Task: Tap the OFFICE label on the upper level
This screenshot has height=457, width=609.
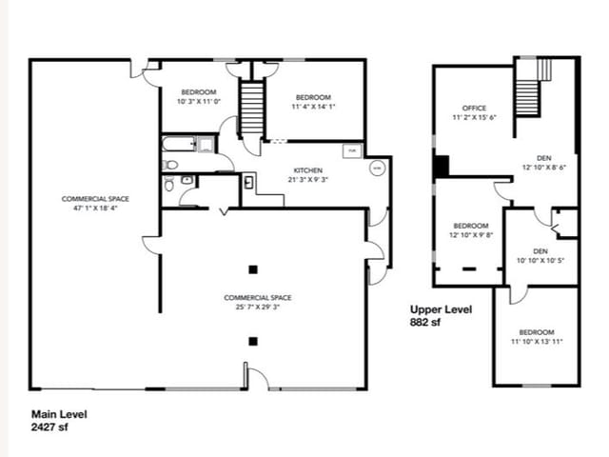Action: coord(474,108)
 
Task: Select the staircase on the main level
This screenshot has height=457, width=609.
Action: coord(250,109)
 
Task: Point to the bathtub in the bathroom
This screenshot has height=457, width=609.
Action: coord(178,146)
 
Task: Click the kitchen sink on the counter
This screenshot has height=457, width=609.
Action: coord(248,183)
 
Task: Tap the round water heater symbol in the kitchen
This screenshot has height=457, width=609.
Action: coord(376,168)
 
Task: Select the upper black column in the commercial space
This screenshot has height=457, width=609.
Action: coord(252,268)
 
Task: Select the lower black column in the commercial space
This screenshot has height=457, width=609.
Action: coord(252,340)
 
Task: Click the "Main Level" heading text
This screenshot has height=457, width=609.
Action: coord(59,414)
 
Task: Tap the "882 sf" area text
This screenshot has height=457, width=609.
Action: coord(428,323)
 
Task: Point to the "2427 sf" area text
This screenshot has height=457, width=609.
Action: coord(50,427)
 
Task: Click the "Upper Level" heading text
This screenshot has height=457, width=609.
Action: coord(442,309)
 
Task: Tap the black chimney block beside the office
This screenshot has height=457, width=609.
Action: coord(441,166)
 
